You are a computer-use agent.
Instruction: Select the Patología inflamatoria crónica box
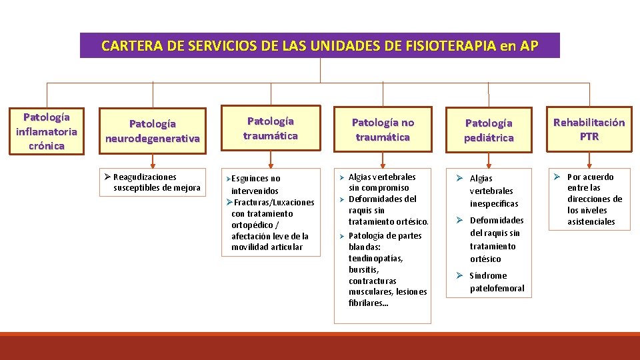click(x=47, y=131)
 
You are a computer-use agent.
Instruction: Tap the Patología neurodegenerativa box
click(x=153, y=131)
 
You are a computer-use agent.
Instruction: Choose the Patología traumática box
click(x=270, y=128)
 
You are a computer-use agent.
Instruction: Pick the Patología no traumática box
click(x=383, y=129)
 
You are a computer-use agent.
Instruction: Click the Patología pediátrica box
click(x=489, y=131)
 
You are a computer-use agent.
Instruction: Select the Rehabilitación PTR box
click(x=589, y=129)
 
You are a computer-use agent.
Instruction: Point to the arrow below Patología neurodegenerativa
click(x=153, y=161)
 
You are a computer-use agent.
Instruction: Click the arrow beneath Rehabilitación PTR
click(x=589, y=161)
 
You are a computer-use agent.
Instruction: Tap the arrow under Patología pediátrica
click(x=489, y=161)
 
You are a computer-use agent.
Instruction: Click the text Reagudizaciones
click(x=145, y=177)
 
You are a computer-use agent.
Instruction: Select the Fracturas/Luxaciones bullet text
click(x=274, y=202)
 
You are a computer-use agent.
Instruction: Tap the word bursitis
click(x=363, y=269)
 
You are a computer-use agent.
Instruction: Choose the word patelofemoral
click(x=497, y=288)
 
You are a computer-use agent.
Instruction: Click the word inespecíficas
click(x=493, y=203)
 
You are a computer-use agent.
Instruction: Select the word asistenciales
click(x=591, y=221)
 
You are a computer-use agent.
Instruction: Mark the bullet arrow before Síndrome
click(x=459, y=275)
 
